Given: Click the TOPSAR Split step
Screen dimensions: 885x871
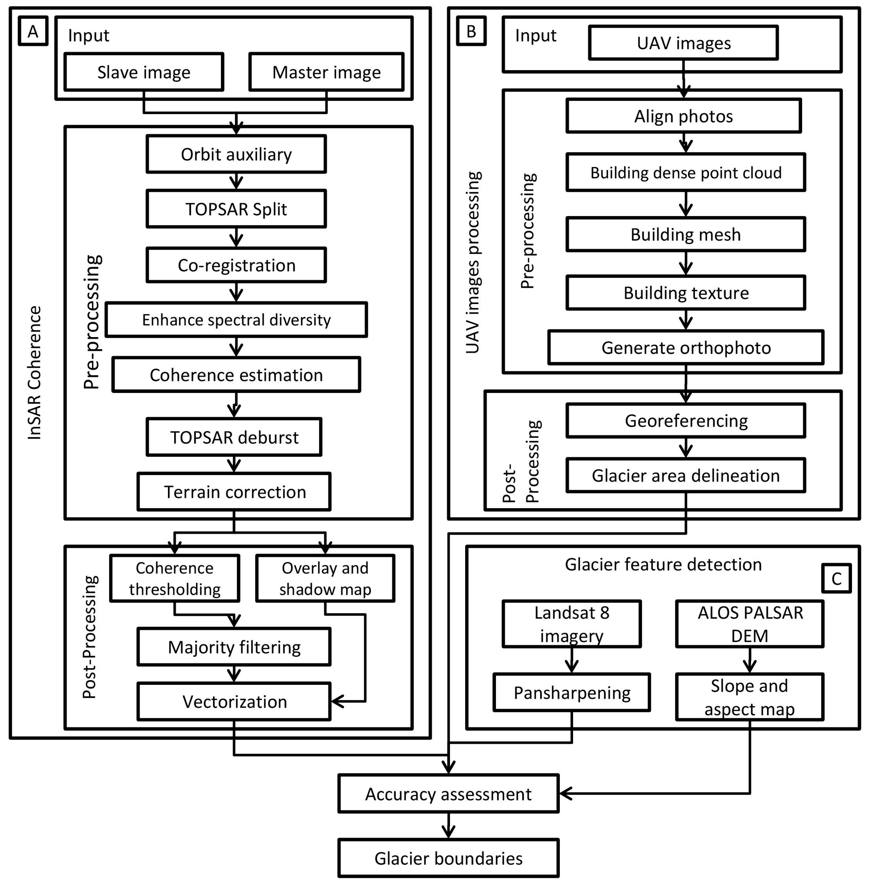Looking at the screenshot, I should tap(236, 209).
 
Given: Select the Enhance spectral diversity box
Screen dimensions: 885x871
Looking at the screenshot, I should tap(236, 320).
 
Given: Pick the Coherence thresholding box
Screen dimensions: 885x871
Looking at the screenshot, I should tap(174, 578).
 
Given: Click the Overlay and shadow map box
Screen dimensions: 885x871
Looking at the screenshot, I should tap(325, 578).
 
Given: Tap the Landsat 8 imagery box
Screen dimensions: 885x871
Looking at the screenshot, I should tap(572, 624).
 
